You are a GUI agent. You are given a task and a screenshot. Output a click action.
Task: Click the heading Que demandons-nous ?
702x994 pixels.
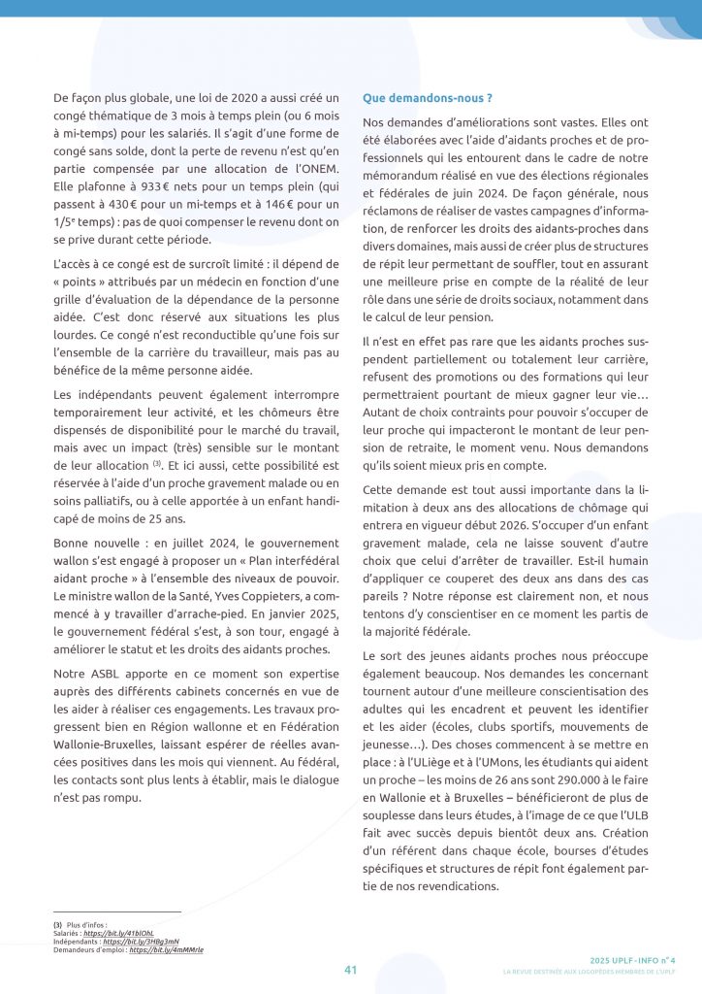coord(428,98)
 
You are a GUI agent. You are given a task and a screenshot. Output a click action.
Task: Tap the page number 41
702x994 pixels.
coord(351,969)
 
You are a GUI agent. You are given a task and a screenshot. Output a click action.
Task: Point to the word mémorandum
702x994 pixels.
coord(400,175)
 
